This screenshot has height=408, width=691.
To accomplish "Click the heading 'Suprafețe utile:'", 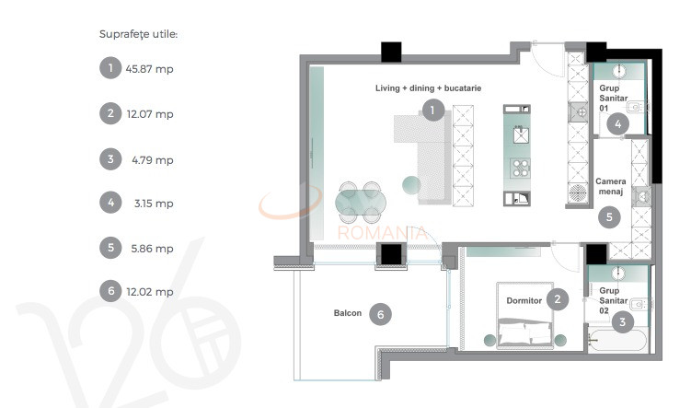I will pyautogui.click(x=138, y=34).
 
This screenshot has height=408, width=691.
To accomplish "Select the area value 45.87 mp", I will pyautogui.click(x=149, y=69).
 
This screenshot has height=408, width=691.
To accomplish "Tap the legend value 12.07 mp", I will pyautogui.click(x=149, y=114).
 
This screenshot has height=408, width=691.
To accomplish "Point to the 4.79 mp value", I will pyautogui.click(x=152, y=159).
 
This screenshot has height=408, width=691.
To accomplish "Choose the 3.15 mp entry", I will pyautogui.click(x=153, y=204).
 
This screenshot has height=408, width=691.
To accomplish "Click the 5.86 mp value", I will pyautogui.click(x=152, y=248).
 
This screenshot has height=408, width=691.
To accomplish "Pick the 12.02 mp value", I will pyautogui.click(x=149, y=292).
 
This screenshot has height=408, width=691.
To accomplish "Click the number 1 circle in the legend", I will pyautogui.click(x=109, y=68).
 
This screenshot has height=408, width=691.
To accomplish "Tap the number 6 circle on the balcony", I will pyautogui.click(x=380, y=314).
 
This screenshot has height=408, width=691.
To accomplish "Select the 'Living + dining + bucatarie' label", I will pyautogui.click(x=428, y=87).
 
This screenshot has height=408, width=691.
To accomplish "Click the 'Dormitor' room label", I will pyautogui.click(x=524, y=300).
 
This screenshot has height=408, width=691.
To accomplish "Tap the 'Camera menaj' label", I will pyautogui.click(x=610, y=187).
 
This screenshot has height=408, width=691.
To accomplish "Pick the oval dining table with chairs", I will pyautogui.click(x=359, y=203).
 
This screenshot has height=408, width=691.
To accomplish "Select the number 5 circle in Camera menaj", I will pyautogui.click(x=608, y=217).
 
